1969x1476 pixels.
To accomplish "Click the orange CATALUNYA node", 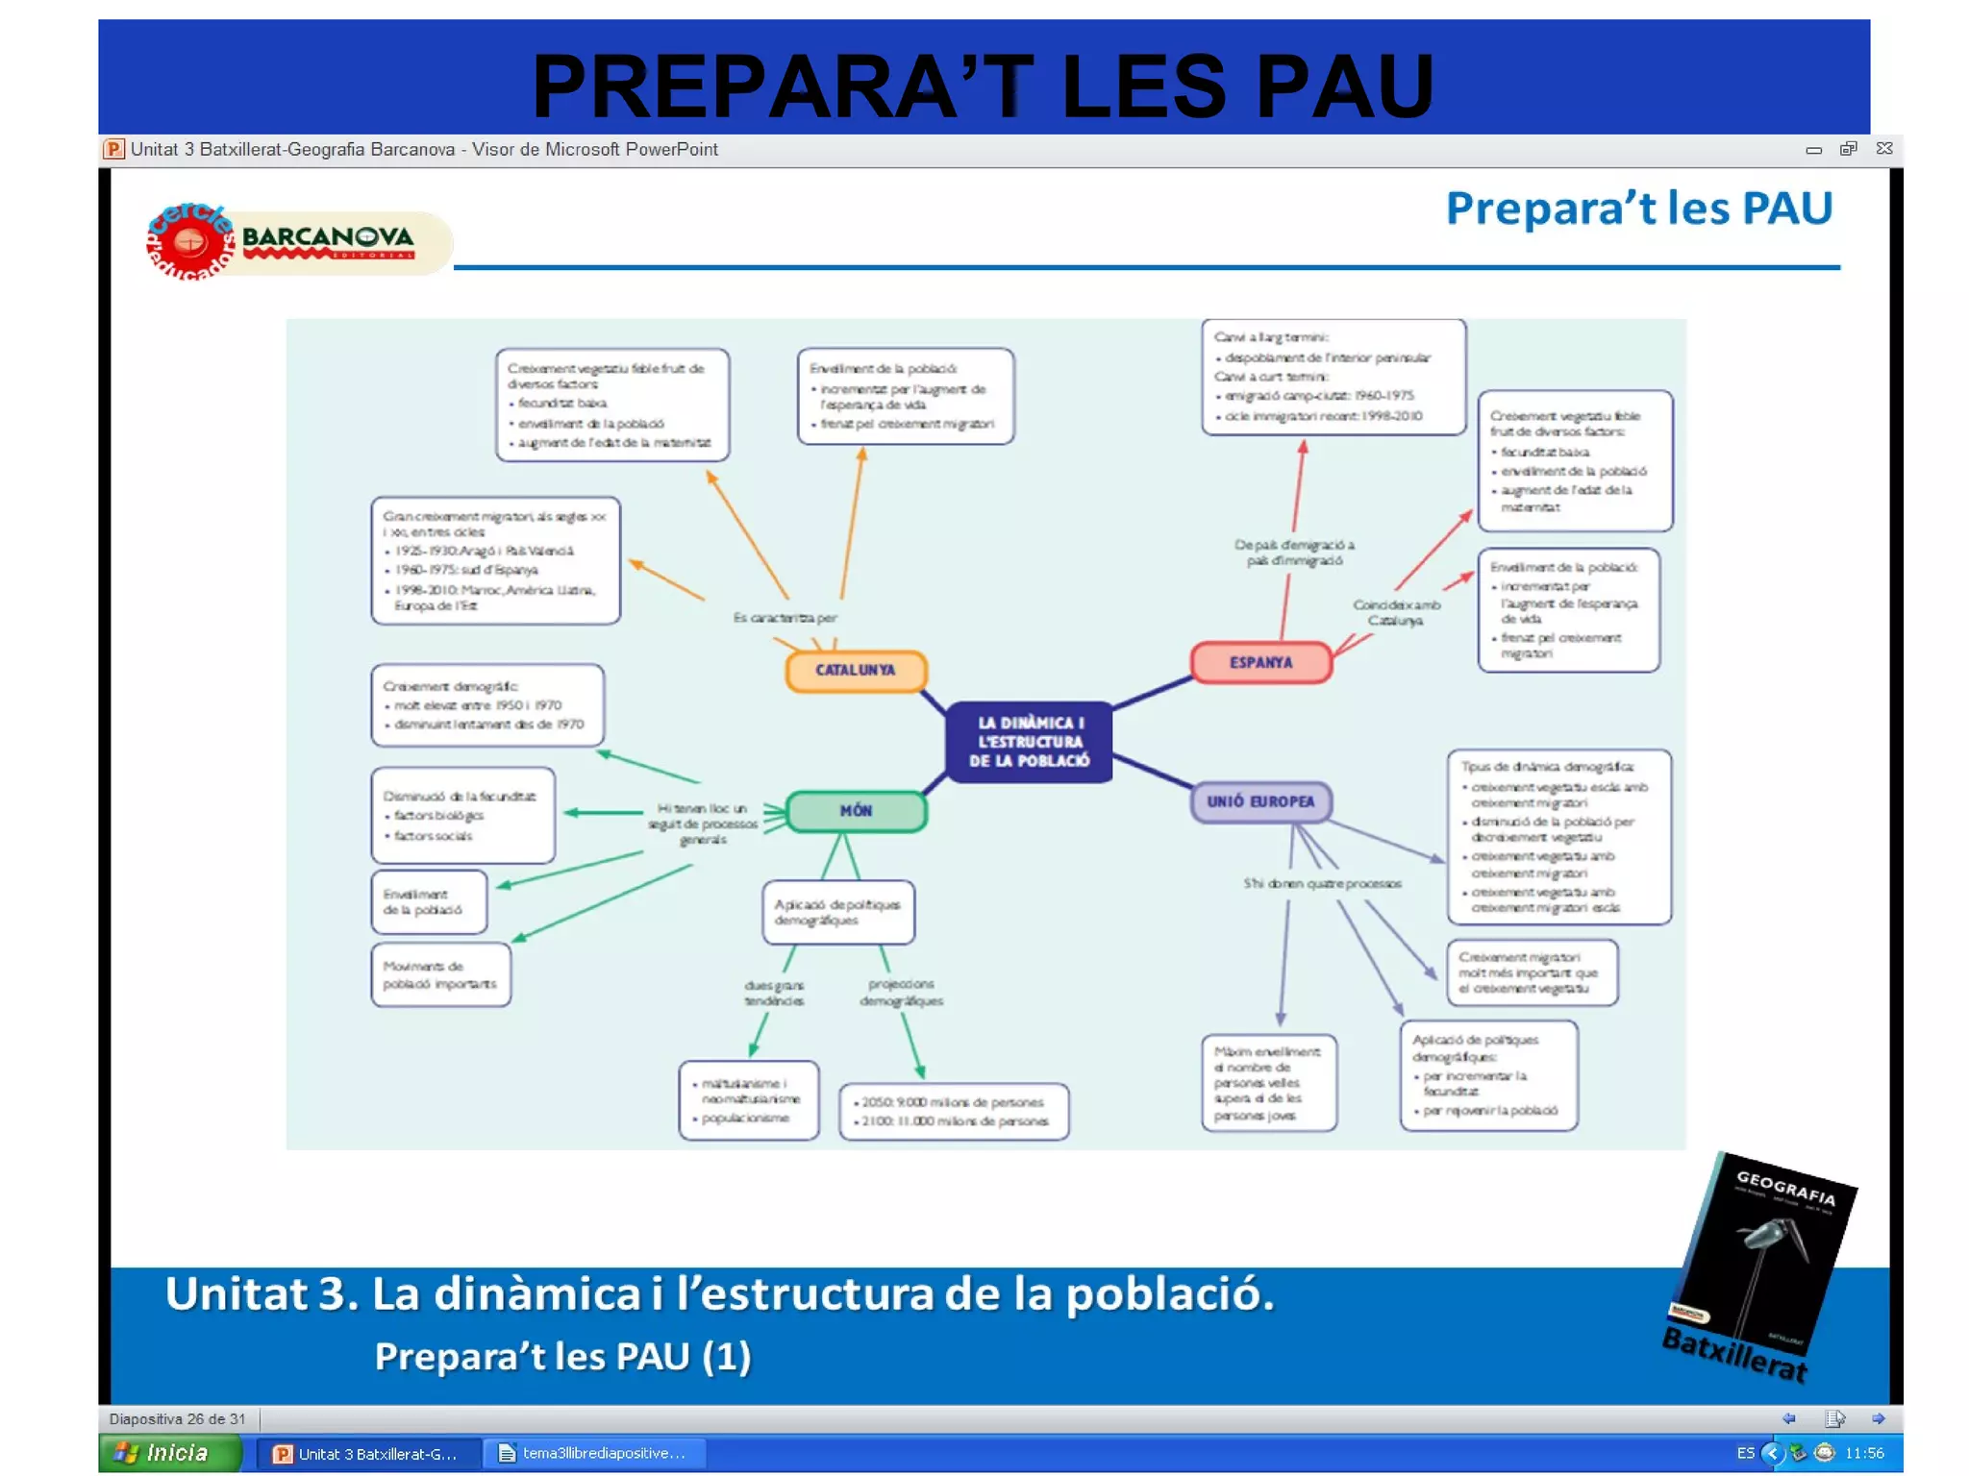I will [x=856, y=670].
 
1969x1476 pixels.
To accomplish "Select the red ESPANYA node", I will [x=1260, y=662].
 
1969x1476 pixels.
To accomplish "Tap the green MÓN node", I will [x=856, y=811].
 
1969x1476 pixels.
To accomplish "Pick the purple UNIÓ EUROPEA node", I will [x=1260, y=801].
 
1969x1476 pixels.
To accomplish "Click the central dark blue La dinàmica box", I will [x=1029, y=741].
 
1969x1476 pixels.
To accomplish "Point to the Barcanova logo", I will [x=288, y=241].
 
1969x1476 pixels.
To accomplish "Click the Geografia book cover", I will [x=1764, y=1259].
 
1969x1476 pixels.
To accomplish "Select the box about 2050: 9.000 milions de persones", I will [x=953, y=1112].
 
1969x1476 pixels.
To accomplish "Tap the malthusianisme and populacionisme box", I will [x=748, y=1100].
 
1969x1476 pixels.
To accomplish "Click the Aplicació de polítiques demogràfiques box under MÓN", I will [x=837, y=912].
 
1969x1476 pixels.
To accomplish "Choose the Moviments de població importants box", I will [x=440, y=974].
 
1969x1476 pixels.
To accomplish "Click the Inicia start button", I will [x=169, y=1453].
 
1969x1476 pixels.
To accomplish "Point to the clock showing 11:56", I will [x=1863, y=1453].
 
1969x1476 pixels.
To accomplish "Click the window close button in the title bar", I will [x=1884, y=149].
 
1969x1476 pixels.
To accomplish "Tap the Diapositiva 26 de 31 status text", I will [x=177, y=1418].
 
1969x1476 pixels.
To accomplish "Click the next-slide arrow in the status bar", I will [x=1878, y=1418].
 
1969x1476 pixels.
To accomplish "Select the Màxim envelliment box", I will [x=1268, y=1083].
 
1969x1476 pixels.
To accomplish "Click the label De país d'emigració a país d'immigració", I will [x=1294, y=552].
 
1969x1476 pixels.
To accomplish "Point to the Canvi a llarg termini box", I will [x=1333, y=377].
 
